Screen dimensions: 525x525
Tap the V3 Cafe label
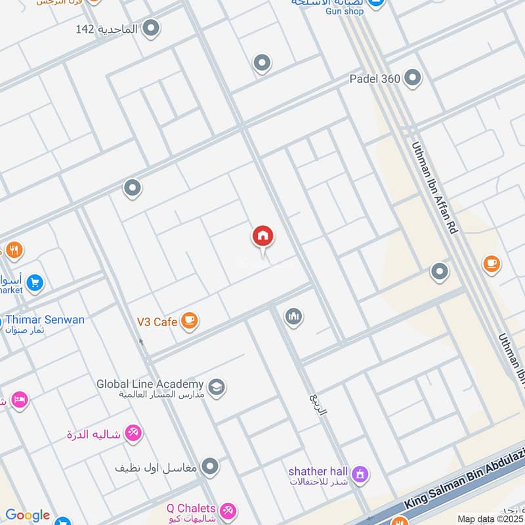click(x=157, y=322)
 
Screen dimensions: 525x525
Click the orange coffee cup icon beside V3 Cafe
click(x=190, y=321)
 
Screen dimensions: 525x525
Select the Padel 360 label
click(x=375, y=79)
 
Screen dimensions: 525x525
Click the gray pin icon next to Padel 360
click(x=413, y=79)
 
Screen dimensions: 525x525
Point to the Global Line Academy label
click(x=150, y=384)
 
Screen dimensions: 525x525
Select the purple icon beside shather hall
click(x=360, y=473)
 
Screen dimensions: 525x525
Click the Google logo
click(x=27, y=516)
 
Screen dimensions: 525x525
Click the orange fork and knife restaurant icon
click(x=14, y=250)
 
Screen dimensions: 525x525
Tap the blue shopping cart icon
click(x=35, y=283)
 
